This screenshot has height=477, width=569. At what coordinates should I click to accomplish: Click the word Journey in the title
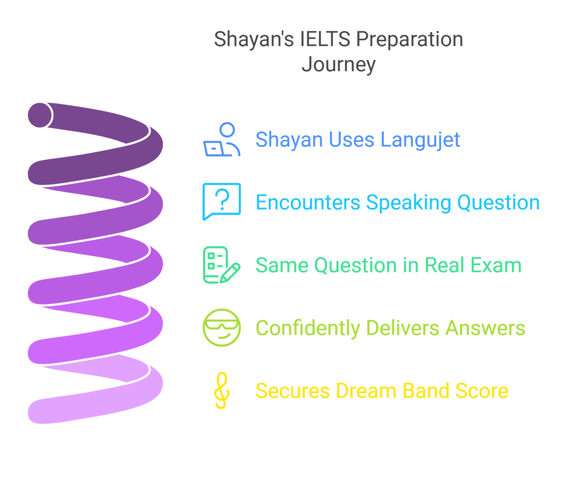[x=338, y=65]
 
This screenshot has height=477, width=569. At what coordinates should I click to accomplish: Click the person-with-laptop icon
[x=222, y=140]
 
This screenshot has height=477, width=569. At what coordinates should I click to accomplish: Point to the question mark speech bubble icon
[x=222, y=201]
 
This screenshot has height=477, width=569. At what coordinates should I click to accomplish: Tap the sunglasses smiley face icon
[x=222, y=328]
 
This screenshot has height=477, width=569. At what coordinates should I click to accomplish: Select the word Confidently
[x=300, y=328]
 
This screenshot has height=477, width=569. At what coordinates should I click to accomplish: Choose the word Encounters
[x=308, y=202]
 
